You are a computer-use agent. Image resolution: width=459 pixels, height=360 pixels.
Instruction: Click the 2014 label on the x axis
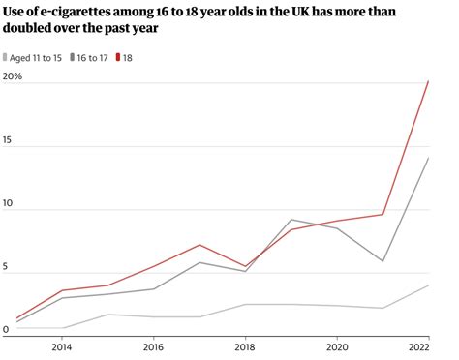tap(61, 346)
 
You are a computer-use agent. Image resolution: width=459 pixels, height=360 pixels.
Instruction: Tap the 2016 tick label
tap(153, 346)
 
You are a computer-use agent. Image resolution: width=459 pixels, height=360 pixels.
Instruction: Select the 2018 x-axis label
tap(245, 346)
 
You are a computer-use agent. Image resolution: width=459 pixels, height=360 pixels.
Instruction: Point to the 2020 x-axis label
tap(337, 346)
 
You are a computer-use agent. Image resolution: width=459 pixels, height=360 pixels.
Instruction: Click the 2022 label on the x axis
tap(419, 346)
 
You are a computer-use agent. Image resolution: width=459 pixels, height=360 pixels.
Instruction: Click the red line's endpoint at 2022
tap(428, 82)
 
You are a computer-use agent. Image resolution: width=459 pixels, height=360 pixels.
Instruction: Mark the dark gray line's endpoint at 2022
tap(428, 157)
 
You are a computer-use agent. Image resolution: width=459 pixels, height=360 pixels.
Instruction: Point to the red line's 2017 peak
tap(199, 245)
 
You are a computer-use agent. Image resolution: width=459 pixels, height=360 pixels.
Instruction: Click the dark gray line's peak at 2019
tap(291, 220)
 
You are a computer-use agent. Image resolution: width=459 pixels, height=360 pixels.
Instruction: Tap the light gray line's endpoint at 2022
tap(428, 285)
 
